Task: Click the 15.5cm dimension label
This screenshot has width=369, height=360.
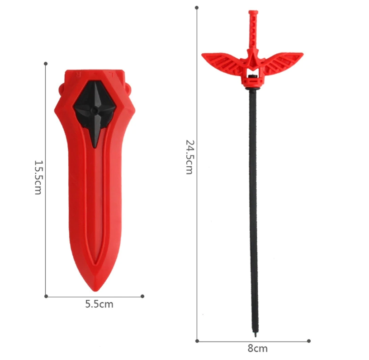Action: (x=38, y=178)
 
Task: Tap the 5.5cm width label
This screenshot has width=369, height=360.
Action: (x=99, y=304)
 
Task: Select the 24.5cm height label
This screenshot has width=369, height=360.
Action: (x=189, y=157)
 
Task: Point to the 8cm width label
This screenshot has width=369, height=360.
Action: (x=257, y=348)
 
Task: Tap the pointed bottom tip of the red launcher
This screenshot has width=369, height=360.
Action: (x=96, y=290)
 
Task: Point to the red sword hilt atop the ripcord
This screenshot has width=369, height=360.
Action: (x=253, y=31)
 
